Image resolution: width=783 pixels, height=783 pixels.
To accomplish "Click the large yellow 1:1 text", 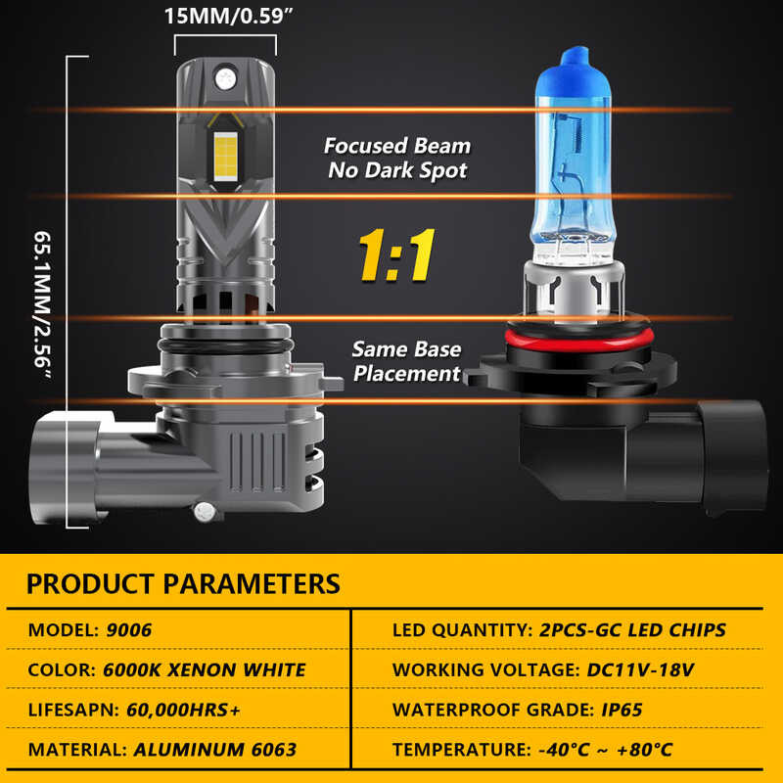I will [396, 257].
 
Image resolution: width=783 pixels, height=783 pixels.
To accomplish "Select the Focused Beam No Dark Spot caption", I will [397, 158].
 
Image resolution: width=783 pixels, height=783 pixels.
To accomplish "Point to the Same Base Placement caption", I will [406, 361].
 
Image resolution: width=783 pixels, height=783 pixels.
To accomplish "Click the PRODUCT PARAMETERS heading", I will [183, 584].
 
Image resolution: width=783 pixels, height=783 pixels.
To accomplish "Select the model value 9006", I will [129, 629].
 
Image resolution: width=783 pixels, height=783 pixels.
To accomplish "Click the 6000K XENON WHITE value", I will [204, 670].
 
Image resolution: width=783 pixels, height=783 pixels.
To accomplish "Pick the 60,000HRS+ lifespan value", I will [183, 710].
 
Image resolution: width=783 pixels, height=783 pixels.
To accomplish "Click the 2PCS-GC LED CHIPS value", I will [632, 629].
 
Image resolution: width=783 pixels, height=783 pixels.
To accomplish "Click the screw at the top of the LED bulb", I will [225, 73].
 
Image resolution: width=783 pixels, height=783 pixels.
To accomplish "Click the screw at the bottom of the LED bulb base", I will [204, 510].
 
